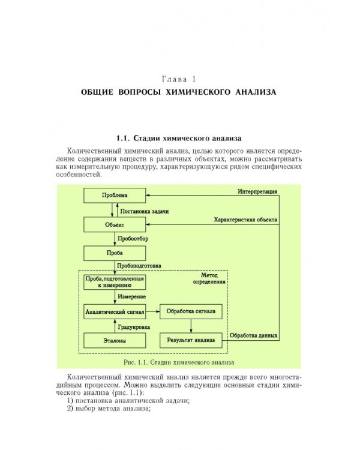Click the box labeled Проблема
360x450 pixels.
tap(114, 196)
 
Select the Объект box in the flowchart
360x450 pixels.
tap(114, 224)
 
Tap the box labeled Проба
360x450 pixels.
tap(114, 253)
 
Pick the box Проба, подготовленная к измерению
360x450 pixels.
tap(115, 283)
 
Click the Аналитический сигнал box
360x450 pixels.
tap(115, 312)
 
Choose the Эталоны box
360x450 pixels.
tap(115, 341)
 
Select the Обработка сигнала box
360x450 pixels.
tap(191, 312)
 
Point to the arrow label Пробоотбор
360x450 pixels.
tap(133, 239)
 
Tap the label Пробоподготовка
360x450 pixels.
tap(140, 265)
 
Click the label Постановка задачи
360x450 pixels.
tap(145, 211)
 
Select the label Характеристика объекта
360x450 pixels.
tap(245, 220)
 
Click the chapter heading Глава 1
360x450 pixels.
tap(179, 79)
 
